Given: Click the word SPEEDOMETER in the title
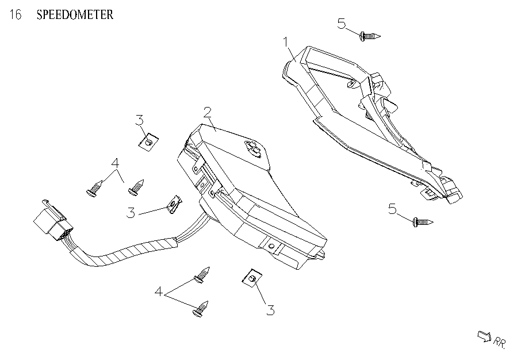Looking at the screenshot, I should (75, 15).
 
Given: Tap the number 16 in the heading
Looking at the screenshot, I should (16, 15).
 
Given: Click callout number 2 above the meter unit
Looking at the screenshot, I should (207, 111).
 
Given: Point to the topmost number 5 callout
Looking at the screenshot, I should (342, 24).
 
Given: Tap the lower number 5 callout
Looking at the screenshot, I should (393, 209).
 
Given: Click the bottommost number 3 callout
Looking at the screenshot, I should (270, 310).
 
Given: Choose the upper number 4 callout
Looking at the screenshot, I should (115, 163).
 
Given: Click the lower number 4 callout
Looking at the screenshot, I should (159, 292).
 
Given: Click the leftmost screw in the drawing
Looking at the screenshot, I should (95, 189).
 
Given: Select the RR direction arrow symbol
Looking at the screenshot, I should (484, 335).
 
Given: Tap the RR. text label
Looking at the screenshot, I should (499, 342).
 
